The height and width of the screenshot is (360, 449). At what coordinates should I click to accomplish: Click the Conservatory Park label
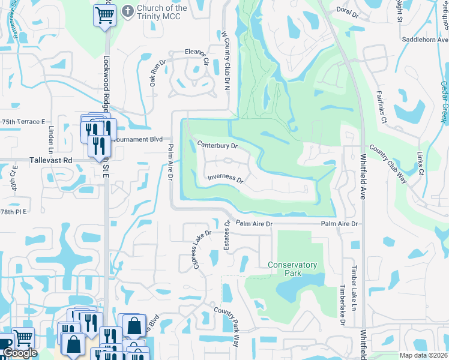click(x=292, y=269)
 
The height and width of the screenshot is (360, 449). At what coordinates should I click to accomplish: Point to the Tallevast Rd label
click(x=50, y=161)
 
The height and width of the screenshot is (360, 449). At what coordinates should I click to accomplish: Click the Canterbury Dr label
click(x=218, y=145)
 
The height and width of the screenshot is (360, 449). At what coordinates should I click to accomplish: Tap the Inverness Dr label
click(x=225, y=179)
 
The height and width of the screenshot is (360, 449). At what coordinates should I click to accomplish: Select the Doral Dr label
click(x=348, y=11)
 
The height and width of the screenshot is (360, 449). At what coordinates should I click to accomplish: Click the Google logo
click(x=20, y=353)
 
